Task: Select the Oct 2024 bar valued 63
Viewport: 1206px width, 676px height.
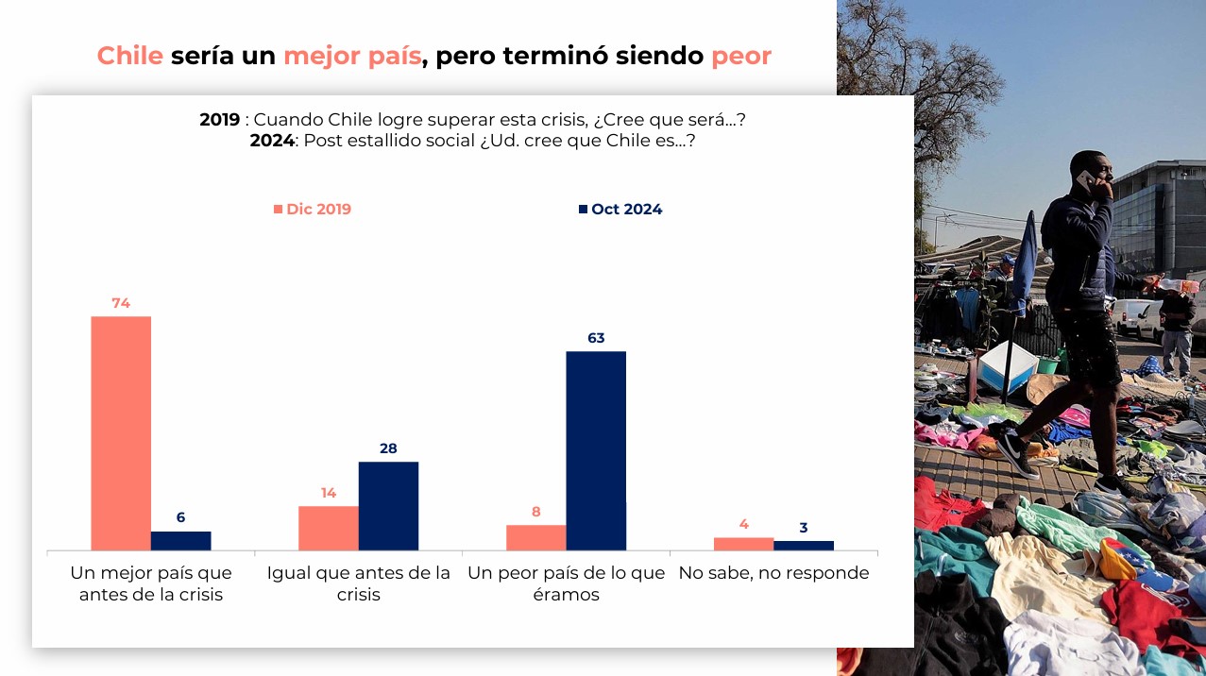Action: tap(596, 450)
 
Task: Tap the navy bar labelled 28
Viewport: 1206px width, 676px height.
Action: tap(388, 505)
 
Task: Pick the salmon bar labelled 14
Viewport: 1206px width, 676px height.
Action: tap(329, 528)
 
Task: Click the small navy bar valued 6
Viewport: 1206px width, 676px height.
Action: tap(180, 540)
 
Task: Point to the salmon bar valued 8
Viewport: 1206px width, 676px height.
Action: tap(536, 537)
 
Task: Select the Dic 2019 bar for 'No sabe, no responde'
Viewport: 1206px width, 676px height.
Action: tap(743, 544)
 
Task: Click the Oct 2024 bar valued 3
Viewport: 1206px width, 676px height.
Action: tap(804, 545)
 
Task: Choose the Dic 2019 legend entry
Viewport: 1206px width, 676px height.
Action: tap(313, 210)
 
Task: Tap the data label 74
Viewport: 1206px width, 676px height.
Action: tap(120, 303)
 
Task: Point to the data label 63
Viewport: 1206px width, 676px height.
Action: tap(596, 338)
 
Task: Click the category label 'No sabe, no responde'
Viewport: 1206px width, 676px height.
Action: tap(773, 573)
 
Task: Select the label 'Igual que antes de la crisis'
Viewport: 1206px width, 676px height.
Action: tap(359, 583)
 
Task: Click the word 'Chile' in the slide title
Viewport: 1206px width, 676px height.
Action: tap(130, 56)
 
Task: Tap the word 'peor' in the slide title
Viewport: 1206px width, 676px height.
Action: tap(741, 56)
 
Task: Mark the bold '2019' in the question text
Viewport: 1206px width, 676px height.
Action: tap(219, 120)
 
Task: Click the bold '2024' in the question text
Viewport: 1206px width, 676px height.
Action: tap(272, 141)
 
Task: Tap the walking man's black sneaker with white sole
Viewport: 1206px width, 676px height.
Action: tap(1013, 450)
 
